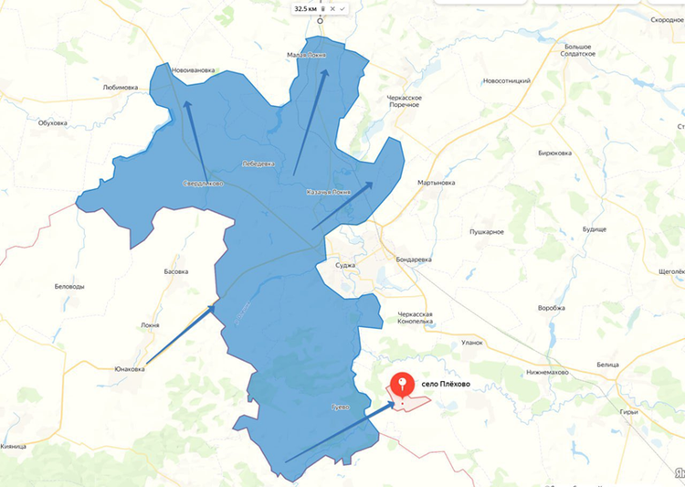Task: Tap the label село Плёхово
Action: pos(446,385)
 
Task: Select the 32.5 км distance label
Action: pos(305,8)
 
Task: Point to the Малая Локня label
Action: pos(306,55)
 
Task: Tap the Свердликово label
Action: pos(203,183)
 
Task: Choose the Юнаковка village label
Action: pos(132,369)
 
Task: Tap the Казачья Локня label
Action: pos(328,193)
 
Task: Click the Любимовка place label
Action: pos(120,88)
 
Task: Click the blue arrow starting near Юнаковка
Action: pos(181,334)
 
